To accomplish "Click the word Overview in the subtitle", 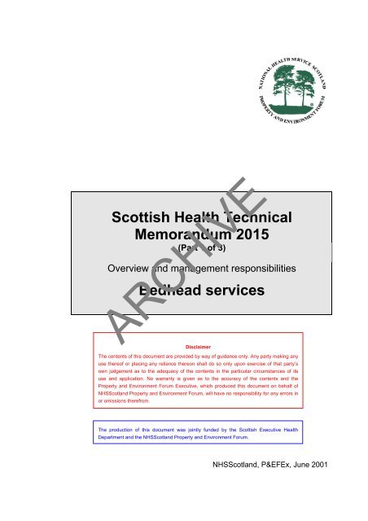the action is coord(134,266).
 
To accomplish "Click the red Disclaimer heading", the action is coord(200,345).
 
